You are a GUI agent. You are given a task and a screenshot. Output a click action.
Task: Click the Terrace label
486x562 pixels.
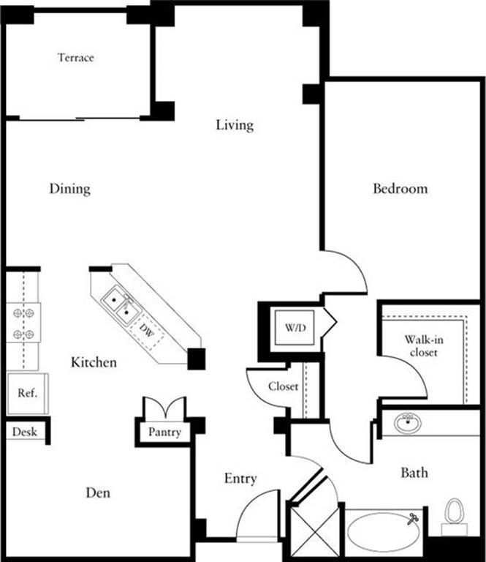pos(76,57)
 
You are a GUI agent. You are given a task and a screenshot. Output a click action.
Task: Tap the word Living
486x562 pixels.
pos(235,125)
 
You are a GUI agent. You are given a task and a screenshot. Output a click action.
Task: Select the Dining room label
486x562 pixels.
pos(70,189)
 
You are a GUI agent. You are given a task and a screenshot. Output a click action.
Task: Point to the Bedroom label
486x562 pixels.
pos(400,189)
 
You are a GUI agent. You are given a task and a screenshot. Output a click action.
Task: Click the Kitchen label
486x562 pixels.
pos(94,362)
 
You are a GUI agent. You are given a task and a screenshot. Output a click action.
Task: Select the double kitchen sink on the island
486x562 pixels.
pos(121,305)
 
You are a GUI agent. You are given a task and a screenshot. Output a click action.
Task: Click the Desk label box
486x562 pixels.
pos(25,432)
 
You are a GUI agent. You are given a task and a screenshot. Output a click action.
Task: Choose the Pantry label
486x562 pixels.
pos(164,432)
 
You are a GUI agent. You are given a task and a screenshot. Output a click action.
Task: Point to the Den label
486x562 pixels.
pos(98,492)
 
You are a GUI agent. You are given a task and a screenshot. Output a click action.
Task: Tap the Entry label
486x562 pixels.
pos(240,479)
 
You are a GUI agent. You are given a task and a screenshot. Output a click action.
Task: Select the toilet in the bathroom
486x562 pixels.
pos(455,515)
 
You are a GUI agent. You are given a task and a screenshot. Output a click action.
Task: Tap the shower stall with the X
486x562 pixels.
pos(315,531)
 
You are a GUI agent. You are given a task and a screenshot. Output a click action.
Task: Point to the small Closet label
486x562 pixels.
pos(283,386)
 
